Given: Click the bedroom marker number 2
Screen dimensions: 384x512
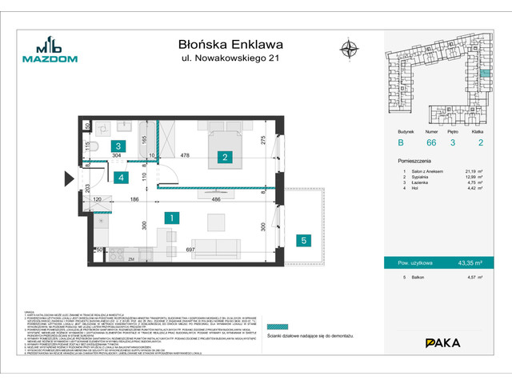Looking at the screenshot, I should click(226, 157).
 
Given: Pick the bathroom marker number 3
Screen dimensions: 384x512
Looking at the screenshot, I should click(118, 146).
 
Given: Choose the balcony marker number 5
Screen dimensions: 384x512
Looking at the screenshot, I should click(302, 239).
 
